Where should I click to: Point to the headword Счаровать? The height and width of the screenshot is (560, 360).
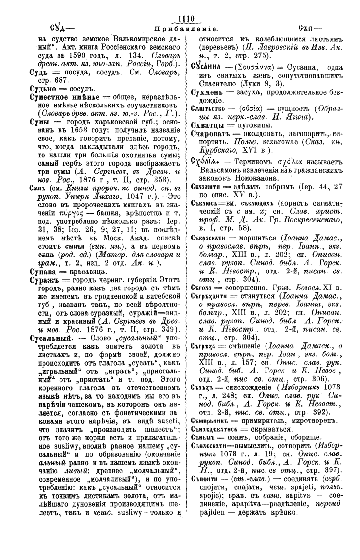(211, 134)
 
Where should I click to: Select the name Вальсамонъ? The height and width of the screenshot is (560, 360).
(221, 170)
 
